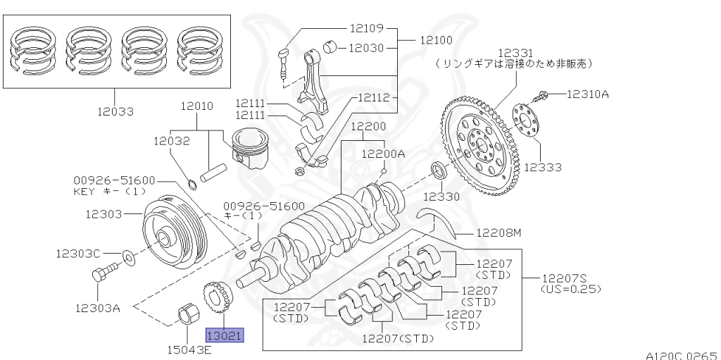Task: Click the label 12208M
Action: point(498,232)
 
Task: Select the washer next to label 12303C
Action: point(130,254)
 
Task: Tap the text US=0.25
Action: point(570,289)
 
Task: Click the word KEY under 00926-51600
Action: point(84,191)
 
